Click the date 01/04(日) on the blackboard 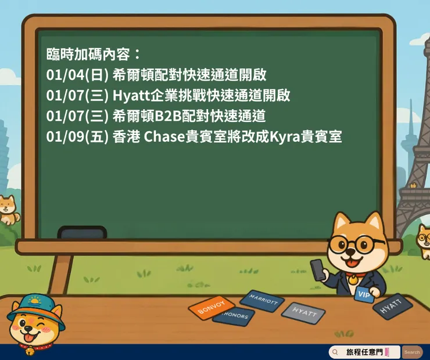(x=77, y=75)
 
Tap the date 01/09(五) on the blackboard (x=77, y=137)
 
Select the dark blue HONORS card (x=234, y=316)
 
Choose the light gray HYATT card (x=303, y=312)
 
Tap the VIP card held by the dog (x=364, y=294)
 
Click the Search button (x=412, y=352)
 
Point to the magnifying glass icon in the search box (x=335, y=352)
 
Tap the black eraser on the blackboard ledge (x=82, y=233)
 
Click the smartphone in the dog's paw (x=318, y=269)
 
